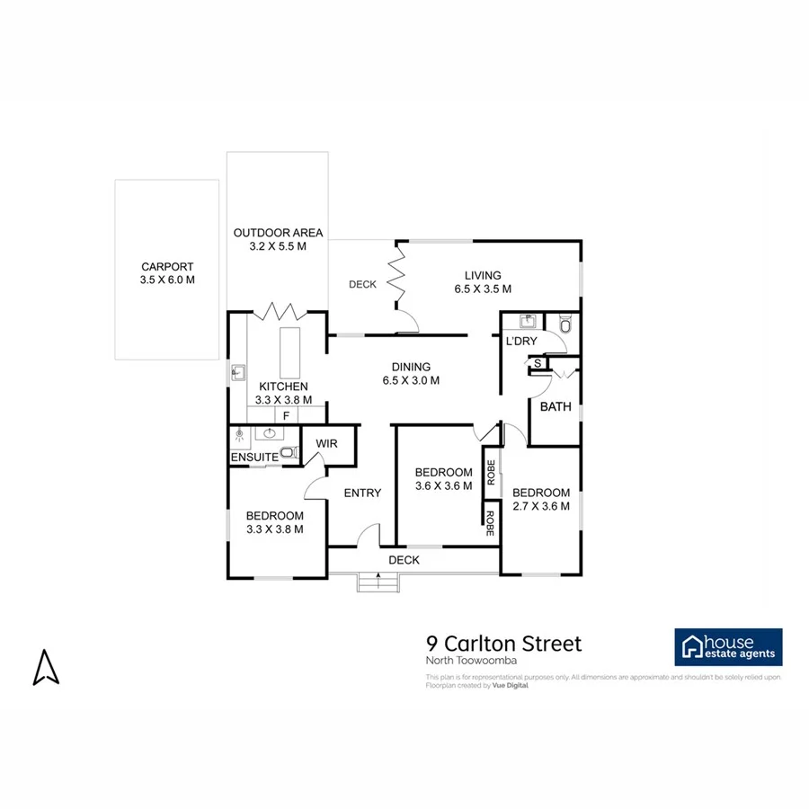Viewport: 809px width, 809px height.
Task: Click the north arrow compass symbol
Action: (46, 667)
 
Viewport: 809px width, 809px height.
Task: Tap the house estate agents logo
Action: (728, 647)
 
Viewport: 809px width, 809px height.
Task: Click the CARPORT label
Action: (167, 267)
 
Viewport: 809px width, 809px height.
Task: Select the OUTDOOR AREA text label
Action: (278, 233)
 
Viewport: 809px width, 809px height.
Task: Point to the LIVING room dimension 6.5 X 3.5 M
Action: (483, 289)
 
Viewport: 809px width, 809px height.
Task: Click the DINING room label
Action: (411, 367)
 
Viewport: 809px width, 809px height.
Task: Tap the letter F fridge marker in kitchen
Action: (286, 416)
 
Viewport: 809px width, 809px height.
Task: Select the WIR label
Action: (325, 443)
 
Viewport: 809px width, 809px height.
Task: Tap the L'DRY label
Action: (521, 342)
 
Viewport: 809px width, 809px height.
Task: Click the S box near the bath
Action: (538, 363)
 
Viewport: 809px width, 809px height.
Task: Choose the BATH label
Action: (556, 406)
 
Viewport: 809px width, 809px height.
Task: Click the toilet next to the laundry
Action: (565, 326)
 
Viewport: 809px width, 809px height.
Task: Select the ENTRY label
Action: (362, 493)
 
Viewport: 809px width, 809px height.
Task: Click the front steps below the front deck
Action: (378, 583)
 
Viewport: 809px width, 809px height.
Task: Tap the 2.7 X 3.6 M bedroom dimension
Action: (541, 506)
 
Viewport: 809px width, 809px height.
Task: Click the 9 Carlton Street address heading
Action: (503, 644)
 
